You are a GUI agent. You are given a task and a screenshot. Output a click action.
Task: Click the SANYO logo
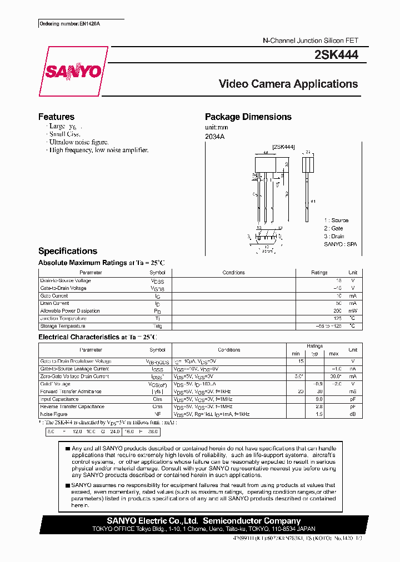[x=73, y=72]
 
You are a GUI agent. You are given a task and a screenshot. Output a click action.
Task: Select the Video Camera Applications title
[x=288, y=84]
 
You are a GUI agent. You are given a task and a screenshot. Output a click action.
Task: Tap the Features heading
[x=56, y=117]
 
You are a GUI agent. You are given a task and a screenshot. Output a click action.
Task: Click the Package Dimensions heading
[x=248, y=117]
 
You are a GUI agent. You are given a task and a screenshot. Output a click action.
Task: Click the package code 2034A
[x=214, y=136]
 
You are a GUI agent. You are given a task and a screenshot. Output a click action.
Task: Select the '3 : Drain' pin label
[x=334, y=236]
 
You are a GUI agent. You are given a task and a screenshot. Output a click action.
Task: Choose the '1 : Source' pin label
[x=336, y=220]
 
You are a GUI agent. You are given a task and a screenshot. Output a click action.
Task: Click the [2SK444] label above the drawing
[x=283, y=147]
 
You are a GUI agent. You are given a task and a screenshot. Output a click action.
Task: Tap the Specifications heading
[x=67, y=251]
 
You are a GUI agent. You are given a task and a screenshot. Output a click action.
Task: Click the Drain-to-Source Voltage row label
[x=66, y=280]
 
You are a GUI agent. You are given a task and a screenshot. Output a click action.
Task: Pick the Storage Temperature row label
[x=62, y=326]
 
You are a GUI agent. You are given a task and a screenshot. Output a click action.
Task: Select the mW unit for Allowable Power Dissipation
[x=352, y=311]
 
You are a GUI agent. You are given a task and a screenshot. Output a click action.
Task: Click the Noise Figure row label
[x=54, y=414]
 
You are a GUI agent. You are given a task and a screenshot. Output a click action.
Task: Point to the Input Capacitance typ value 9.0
[x=319, y=399]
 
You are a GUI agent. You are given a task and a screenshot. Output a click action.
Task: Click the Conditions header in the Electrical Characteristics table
[x=229, y=350]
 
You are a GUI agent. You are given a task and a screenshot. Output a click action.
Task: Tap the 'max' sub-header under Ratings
[x=333, y=354]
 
